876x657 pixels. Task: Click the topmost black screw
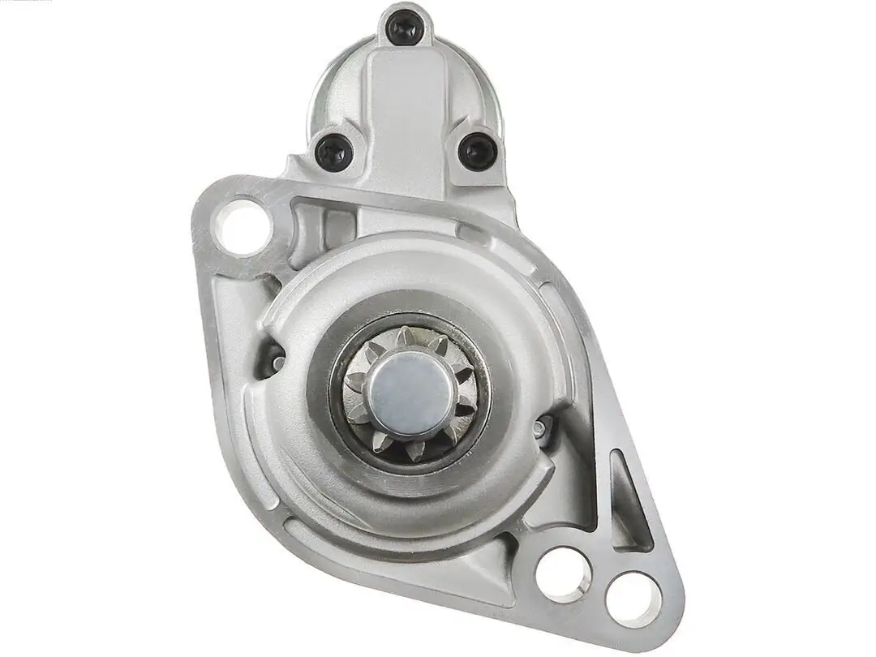(404, 29)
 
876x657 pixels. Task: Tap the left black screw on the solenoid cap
(334, 152)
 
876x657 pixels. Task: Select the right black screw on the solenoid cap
(477, 151)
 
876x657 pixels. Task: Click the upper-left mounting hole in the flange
(242, 227)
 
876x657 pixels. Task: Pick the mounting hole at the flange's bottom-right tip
(633, 599)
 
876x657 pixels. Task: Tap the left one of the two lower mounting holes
(564, 573)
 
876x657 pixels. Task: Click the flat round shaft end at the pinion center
(410, 394)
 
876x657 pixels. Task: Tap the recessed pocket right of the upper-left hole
(312, 223)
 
